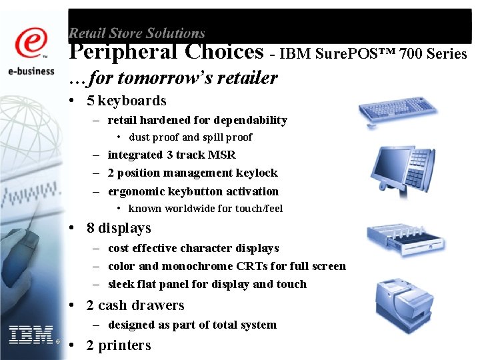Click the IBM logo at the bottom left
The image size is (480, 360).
pos(31,335)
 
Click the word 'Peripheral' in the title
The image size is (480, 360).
pos(123,51)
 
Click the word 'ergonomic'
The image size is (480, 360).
pos(137,191)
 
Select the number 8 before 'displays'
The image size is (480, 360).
pos(91,228)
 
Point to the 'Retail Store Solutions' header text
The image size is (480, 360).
pos(137,33)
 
